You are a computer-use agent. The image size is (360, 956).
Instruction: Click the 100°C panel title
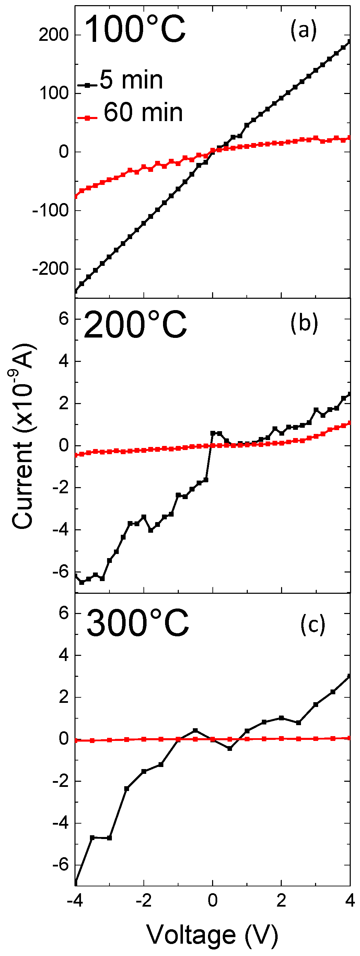135,29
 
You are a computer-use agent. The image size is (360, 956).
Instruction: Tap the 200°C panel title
135,325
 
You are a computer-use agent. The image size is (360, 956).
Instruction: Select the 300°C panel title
137,623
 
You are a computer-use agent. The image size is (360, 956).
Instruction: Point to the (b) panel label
304,323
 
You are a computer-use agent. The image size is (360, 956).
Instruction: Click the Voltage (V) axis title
212,934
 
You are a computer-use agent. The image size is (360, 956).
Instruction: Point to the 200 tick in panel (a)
54,35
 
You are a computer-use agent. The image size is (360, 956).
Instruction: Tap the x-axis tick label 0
213,900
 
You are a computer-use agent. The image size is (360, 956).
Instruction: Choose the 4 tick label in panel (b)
64,361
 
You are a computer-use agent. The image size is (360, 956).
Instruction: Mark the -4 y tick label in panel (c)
60,823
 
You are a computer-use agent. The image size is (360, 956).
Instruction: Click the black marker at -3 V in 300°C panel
109,838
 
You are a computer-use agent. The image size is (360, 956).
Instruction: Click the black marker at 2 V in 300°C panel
281,718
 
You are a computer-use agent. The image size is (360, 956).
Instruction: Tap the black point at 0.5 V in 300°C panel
230,749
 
